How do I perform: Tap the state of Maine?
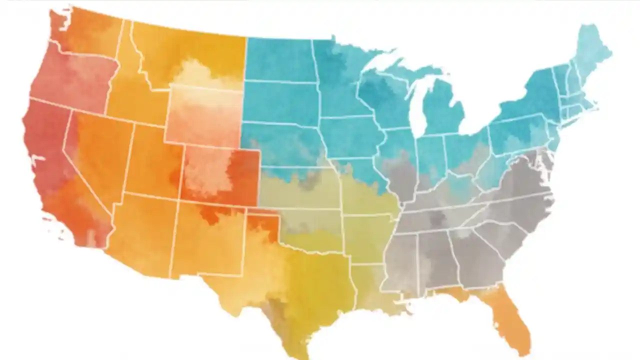pyautogui.click(x=592, y=50)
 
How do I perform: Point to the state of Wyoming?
pyautogui.click(x=205, y=115)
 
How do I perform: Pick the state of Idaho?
pyautogui.click(x=127, y=90)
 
